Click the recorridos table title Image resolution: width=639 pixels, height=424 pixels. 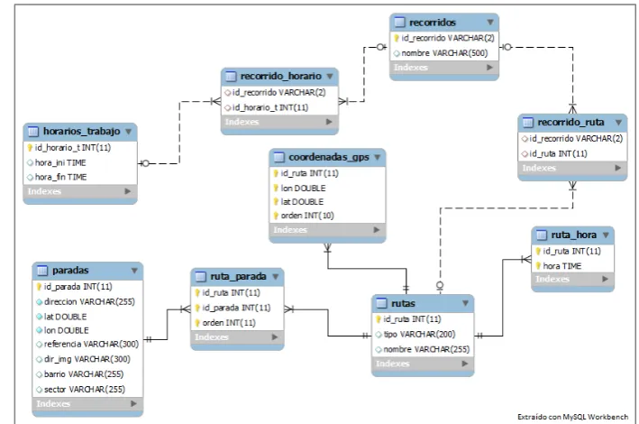coord(433,23)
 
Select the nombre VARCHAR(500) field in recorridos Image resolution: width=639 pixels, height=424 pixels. coord(444,53)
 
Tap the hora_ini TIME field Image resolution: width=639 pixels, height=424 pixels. coord(60,162)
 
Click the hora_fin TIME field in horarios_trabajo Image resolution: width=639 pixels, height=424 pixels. coord(60,177)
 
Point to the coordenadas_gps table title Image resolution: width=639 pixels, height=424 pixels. coord(329,157)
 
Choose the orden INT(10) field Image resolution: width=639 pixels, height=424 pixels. coord(307,216)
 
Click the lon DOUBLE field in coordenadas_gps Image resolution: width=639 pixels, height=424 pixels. coord(303,189)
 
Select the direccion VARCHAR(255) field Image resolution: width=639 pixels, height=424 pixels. coord(89,301)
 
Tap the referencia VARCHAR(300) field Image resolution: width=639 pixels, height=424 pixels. coord(91,344)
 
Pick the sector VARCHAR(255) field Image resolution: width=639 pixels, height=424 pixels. coord(85,390)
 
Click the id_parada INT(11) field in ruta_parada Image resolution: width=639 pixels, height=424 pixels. coord(236,308)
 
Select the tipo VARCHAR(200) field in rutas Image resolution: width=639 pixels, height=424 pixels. coord(419,334)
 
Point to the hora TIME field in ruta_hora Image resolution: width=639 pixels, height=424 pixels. coord(562,265)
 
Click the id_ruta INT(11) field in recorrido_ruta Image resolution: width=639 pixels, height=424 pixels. coord(558,154)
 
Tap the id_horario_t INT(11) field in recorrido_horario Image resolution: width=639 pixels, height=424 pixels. coord(270,107)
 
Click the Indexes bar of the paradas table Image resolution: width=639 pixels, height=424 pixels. coord(87,403)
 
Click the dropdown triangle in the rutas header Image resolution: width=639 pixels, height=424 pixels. coord(465,303)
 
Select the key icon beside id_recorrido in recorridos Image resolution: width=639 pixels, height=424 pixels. coord(397,38)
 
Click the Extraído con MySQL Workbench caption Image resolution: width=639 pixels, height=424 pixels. coord(572,417)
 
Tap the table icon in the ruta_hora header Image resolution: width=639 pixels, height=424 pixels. coord(541,235)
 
